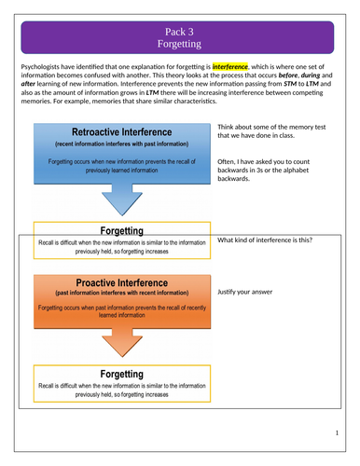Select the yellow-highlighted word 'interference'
point(232,67)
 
